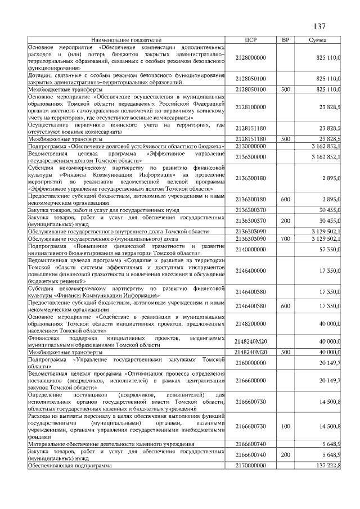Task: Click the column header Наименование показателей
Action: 126,40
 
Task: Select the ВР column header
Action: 285,40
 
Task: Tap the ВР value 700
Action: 285,239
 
